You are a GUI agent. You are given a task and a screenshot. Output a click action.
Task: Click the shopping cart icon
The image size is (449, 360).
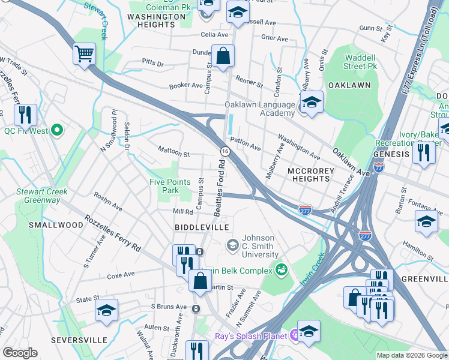pos(85,53)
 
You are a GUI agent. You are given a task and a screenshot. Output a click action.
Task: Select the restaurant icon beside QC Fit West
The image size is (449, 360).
pos(25,115)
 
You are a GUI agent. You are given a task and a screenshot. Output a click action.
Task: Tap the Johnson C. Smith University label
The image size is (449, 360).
pos(258,246)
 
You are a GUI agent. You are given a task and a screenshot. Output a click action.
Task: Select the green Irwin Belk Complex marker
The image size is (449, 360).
pos(279,270)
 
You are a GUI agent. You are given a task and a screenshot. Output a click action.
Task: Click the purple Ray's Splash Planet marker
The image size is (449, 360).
pos(295,335)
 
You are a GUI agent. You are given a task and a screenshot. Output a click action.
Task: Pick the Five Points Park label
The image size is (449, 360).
pos(170,186)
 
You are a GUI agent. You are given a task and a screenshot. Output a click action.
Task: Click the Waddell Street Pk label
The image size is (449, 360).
pos(360,61)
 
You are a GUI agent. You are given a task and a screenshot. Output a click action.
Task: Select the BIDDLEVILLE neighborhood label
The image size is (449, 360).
pos(202,227)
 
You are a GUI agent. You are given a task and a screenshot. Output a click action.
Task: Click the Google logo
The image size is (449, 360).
pos(20,353)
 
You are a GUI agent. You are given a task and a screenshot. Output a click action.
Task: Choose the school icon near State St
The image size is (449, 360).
pos(106,311)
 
